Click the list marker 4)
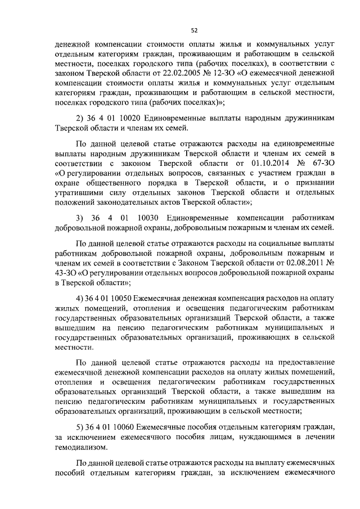pyautogui.click(x=79, y=298)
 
